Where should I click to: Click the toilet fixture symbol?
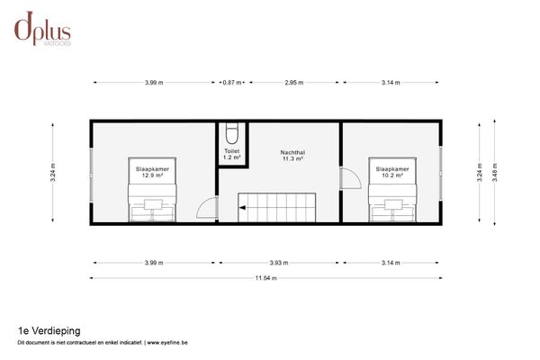tap(232, 135)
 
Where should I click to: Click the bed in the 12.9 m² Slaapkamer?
tap(150, 206)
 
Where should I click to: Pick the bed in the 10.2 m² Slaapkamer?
tap(391, 206)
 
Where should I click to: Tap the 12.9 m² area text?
tap(150, 175)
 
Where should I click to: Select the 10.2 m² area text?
tap(391, 175)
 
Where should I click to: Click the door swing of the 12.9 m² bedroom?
tap(207, 209)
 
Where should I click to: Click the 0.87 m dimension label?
tap(232, 82)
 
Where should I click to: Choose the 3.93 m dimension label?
tap(280, 263)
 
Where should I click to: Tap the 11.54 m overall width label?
tap(266, 278)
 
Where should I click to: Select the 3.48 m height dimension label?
tap(494, 172)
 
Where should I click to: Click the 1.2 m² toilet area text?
tap(232, 158)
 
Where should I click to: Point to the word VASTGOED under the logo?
tap(58, 41)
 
